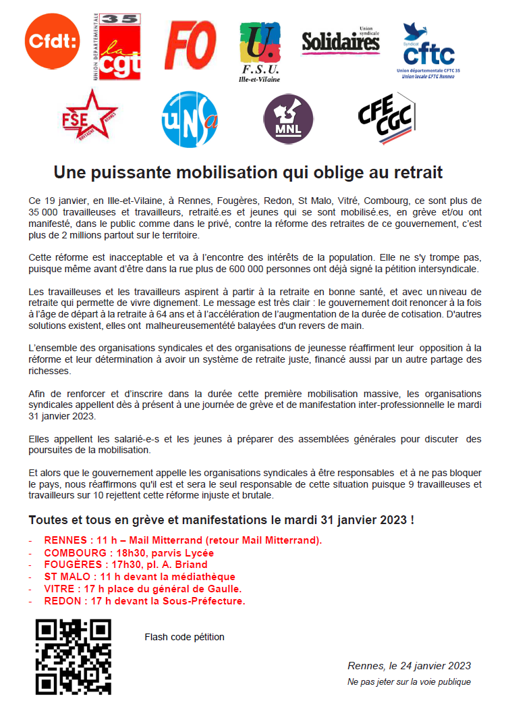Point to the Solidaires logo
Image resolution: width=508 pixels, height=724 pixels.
pyautogui.click(x=341, y=42)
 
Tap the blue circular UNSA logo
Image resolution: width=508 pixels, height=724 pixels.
pyautogui.click(x=190, y=119)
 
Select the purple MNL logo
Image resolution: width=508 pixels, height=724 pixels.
pyautogui.click(x=288, y=119)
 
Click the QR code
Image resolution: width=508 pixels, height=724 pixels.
pyautogui.click(x=74, y=657)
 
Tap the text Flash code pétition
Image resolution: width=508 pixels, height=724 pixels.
pyautogui.click(x=184, y=637)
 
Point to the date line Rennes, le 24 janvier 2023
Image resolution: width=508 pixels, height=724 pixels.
pyautogui.click(x=409, y=666)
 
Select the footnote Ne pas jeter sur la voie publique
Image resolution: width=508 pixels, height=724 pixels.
pyautogui.click(x=409, y=682)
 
